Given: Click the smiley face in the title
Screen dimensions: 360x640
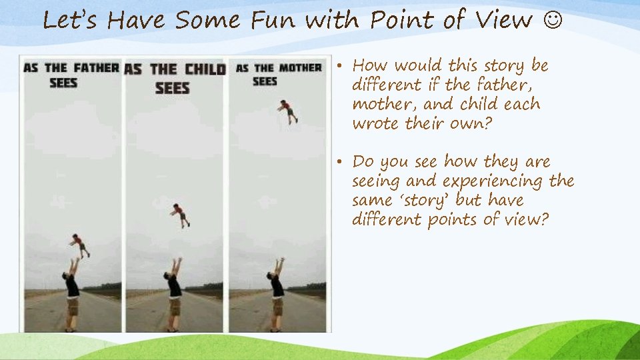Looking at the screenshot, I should click(553, 21).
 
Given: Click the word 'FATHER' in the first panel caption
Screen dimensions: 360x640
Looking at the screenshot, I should click(96, 68).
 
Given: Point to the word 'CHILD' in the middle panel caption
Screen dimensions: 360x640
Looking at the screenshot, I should click(205, 69).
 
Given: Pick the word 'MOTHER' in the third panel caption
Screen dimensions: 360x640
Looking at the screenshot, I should click(300, 68).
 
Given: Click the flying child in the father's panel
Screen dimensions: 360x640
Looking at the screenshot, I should click(79, 245).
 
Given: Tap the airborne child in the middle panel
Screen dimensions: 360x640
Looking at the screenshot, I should click(180, 215).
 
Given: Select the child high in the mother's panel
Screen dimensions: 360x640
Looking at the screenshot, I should click(287, 110).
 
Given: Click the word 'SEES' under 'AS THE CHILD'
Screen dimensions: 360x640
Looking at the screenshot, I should click(173, 88).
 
